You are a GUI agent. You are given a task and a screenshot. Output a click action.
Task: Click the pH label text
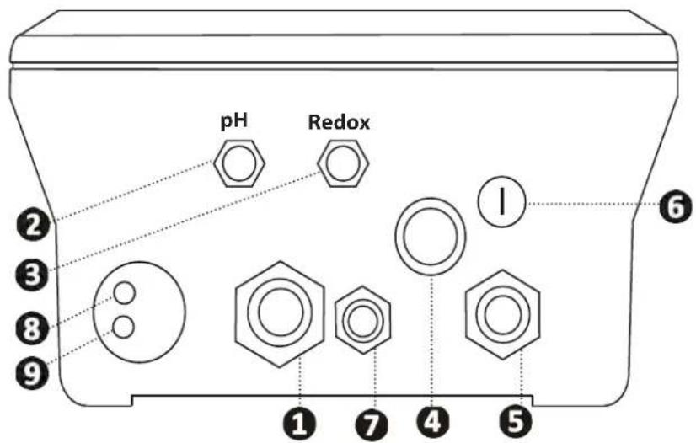234,121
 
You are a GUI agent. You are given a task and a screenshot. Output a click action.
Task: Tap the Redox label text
339,122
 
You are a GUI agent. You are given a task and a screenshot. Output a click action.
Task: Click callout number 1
300,424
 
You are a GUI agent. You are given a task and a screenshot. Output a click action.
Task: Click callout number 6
675,206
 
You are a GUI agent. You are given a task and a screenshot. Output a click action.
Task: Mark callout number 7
372,424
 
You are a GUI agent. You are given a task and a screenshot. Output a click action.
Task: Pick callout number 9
31,372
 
